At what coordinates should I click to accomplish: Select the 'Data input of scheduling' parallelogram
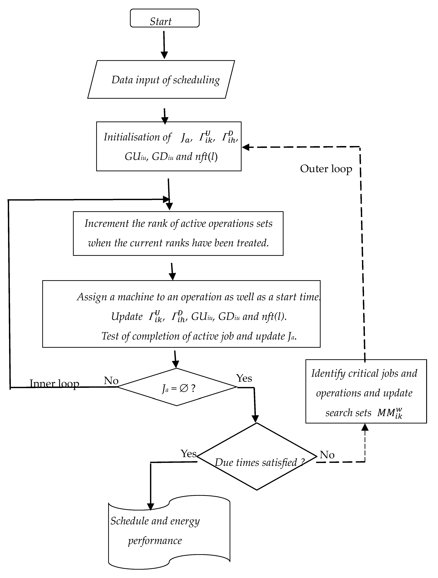pyautogui.click(x=161, y=80)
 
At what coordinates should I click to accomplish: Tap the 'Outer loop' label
pyautogui.click(x=326, y=169)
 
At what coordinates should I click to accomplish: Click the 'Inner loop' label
pyautogui.click(x=54, y=384)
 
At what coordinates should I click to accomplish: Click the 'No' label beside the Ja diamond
pyautogui.click(x=111, y=381)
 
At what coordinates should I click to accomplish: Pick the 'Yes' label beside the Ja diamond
pyautogui.click(x=244, y=378)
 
